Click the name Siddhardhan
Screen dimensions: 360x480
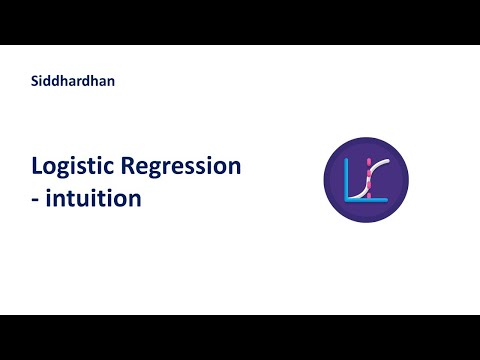[73, 81]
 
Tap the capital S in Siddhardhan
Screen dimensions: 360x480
[35, 81]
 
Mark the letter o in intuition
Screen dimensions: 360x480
[120, 199]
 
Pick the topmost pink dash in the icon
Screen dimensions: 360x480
[367, 159]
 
